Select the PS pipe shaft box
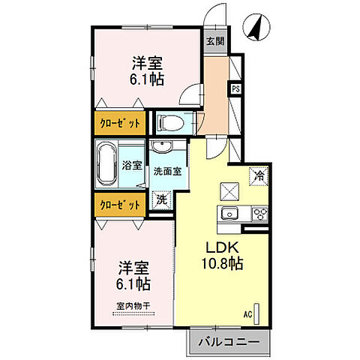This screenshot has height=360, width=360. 235,88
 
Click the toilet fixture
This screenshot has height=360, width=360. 169,121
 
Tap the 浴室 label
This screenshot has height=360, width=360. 132,165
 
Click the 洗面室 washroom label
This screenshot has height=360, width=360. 166,171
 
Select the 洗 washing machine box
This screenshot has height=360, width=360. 160,200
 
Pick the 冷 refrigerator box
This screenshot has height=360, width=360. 258,177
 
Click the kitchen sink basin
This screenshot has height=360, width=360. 229,214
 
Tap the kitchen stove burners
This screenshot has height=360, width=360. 259,214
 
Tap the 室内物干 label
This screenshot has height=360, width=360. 133,306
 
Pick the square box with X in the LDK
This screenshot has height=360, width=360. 228,190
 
